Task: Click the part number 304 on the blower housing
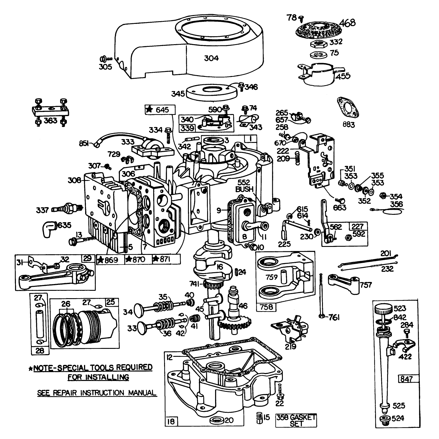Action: (x=211, y=58)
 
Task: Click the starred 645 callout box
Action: (x=160, y=110)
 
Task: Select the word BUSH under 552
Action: (x=244, y=189)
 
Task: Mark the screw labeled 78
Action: (x=301, y=19)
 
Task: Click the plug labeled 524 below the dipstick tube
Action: (x=384, y=420)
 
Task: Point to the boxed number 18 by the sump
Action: (x=171, y=421)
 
